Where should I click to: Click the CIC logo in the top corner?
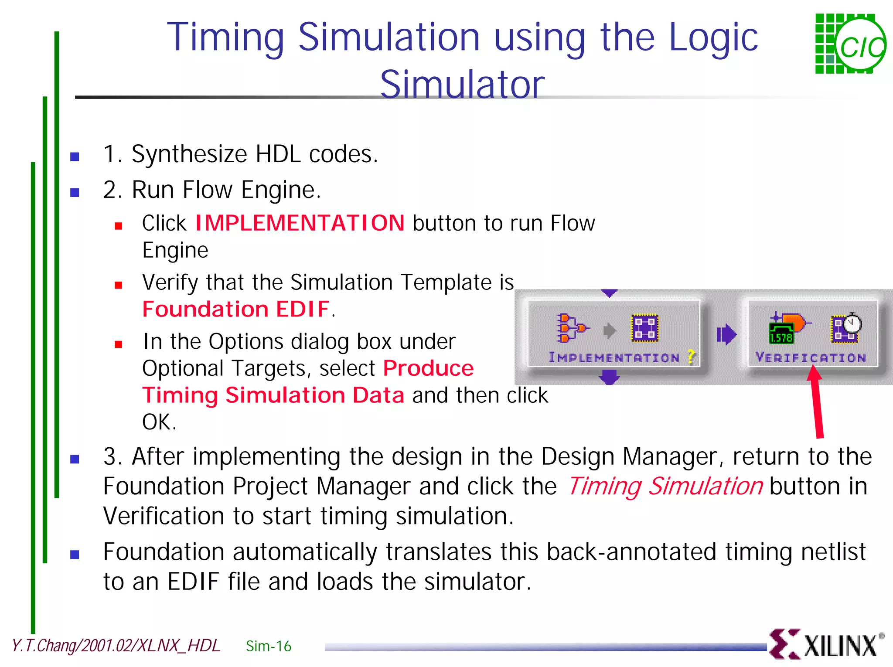(850, 44)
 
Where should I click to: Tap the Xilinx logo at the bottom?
(827, 644)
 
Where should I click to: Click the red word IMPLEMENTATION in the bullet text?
(300, 223)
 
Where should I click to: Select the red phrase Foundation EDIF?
(236, 309)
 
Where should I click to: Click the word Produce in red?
(428, 368)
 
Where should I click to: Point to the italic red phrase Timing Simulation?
(665, 486)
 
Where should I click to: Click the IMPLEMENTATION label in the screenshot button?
(614, 357)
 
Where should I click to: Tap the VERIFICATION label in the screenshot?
(811, 357)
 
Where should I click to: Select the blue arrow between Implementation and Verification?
(726, 334)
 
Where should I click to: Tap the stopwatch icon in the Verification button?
(852, 323)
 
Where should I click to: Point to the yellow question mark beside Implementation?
(691, 357)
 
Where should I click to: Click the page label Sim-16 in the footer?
(268, 646)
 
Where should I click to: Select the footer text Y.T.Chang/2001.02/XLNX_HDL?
(116, 646)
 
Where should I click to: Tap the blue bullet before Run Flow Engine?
(75, 192)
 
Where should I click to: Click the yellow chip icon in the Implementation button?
(644, 328)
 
